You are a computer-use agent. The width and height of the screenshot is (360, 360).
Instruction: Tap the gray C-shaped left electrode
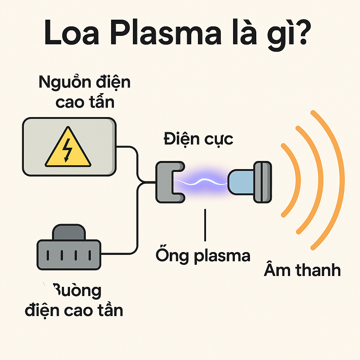coord(166,182)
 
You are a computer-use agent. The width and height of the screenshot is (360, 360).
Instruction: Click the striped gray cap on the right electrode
coord(263,182)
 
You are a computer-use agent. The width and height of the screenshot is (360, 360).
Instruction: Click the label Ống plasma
coord(203,255)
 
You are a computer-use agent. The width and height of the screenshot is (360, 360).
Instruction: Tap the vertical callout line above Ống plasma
coord(205,225)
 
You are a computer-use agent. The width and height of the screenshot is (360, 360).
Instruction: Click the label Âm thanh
coord(302,271)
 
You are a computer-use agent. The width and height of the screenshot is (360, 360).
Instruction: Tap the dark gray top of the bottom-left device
coord(69,232)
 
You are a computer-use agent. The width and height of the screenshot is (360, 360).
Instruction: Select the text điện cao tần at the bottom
coord(74,310)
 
